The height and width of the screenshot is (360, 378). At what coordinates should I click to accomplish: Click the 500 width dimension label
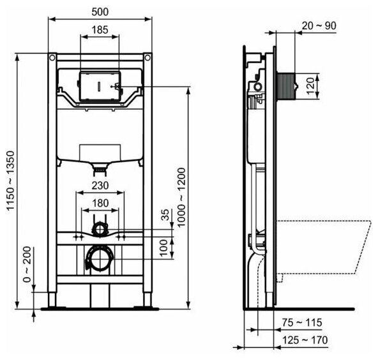(x=100, y=11)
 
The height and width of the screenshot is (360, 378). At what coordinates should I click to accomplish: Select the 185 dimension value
(x=100, y=30)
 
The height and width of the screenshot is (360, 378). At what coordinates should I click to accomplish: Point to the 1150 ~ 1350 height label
(x=11, y=181)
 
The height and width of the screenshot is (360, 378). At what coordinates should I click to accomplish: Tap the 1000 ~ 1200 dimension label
(x=181, y=198)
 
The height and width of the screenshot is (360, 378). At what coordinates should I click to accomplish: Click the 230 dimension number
(x=100, y=186)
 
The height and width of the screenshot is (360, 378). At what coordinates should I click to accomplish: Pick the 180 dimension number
(x=100, y=203)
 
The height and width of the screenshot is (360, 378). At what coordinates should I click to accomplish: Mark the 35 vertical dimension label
(x=165, y=214)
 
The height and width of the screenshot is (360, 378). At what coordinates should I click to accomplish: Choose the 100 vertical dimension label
(x=163, y=248)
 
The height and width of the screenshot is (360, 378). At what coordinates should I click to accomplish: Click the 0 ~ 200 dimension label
(x=27, y=265)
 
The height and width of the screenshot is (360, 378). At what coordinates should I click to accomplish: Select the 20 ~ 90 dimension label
(x=319, y=26)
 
